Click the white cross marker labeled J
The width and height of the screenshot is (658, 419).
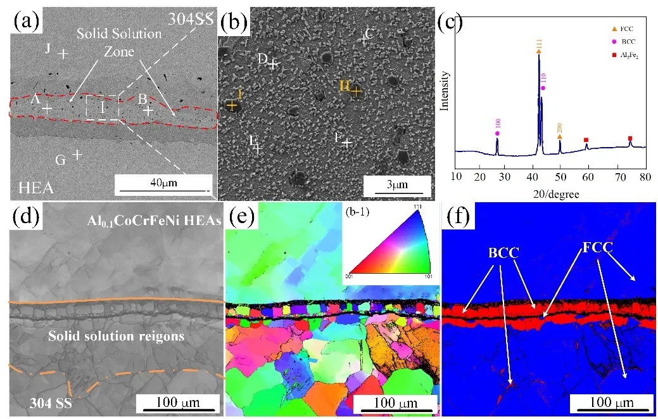pos(63,54)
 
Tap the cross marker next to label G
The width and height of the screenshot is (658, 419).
pos(77,154)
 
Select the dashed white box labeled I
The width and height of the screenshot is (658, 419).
pos(102,106)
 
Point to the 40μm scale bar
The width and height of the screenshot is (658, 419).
pos(163,190)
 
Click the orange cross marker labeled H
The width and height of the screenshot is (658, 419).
pos(357,91)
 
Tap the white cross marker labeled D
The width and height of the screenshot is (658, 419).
pos(273,64)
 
